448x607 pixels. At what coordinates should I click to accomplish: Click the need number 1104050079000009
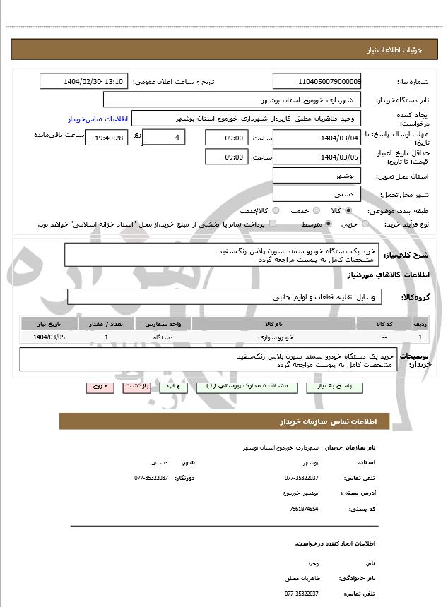tap(317, 81)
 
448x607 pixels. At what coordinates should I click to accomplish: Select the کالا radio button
tap(348, 210)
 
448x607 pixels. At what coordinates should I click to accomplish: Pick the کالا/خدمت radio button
tap(276, 210)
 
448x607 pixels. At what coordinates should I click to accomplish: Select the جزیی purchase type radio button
tap(365, 224)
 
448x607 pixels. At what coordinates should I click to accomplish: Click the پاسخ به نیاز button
tap(334, 387)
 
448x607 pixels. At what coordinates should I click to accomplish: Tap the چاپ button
tap(172, 387)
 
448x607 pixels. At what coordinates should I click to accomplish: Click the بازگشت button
tap(136, 387)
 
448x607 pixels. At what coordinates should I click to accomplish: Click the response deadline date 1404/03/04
tap(317, 138)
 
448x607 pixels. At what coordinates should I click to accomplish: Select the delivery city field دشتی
tap(317, 193)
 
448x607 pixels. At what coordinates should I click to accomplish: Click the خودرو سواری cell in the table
tap(273, 337)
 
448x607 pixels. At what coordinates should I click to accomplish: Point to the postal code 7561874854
tap(303, 508)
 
